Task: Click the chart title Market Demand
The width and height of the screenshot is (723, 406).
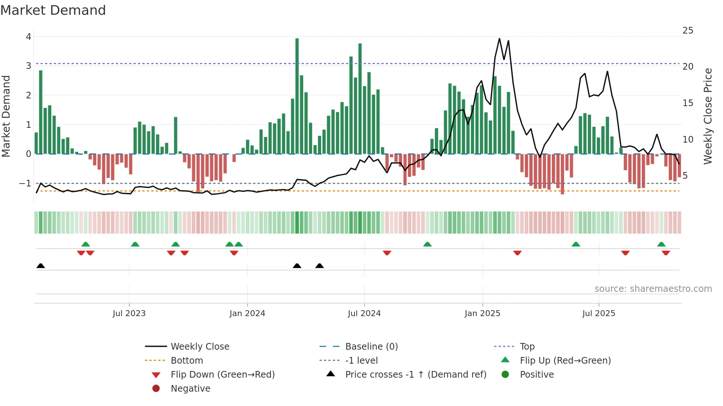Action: pyautogui.click(x=53, y=10)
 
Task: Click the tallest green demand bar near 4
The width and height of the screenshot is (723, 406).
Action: pyautogui.click(x=297, y=96)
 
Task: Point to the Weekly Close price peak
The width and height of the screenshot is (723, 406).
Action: pyautogui.click(x=499, y=39)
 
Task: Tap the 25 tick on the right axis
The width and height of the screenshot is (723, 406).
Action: pyautogui.click(x=688, y=31)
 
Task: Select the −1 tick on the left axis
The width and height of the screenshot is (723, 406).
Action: pyautogui.click(x=25, y=183)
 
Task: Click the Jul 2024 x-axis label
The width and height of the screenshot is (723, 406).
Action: pyautogui.click(x=364, y=314)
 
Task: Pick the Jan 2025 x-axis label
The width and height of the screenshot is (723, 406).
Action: pyautogui.click(x=482, y=314)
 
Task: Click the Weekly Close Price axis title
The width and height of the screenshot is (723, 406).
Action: pyautogui.click(x=708, y=116)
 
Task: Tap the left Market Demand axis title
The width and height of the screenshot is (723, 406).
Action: pyautogui.click(x=6, y=116)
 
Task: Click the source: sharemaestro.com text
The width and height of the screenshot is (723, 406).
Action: pyautogui.click(x=653, y=289)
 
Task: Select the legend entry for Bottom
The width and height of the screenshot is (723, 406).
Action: pyautogui.click(x=187, y=361)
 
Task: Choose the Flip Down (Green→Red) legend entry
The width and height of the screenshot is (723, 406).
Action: pyautogui.click(x=222, y=375)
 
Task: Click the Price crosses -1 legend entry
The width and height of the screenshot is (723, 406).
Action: pyautogui.click(x=415, y=375)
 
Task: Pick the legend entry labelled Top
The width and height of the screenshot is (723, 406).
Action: pyautogui.click(x=527, y=347)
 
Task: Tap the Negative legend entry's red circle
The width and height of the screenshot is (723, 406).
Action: pyautogui.click(x=156, y=389)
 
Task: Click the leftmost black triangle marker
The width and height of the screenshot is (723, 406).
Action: pyautogui.click(x=41, y=266)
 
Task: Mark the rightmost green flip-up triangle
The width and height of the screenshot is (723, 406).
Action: pyautogui.click(x=661, y=244)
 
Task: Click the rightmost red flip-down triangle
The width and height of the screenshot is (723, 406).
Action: pyautogui.click(x=665, y=253)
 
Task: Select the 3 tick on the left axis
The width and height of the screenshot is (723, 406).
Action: pyautogui.click(x=28, y=66)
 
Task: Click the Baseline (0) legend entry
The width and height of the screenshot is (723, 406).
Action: pyautogui.click(x=371, y=347)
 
